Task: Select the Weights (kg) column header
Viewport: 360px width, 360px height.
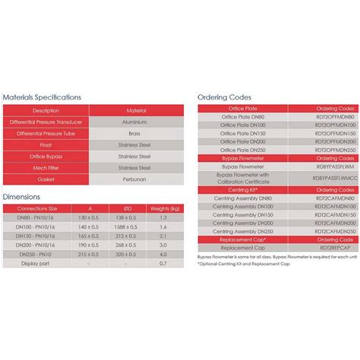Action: click(164, 207)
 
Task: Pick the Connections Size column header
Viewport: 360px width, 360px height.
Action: click(32, 207)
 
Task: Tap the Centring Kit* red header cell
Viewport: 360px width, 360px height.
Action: click(243, 188)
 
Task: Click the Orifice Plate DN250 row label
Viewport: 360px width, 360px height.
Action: click(243, 150)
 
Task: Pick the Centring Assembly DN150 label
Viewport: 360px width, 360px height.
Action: click(243, 214)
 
